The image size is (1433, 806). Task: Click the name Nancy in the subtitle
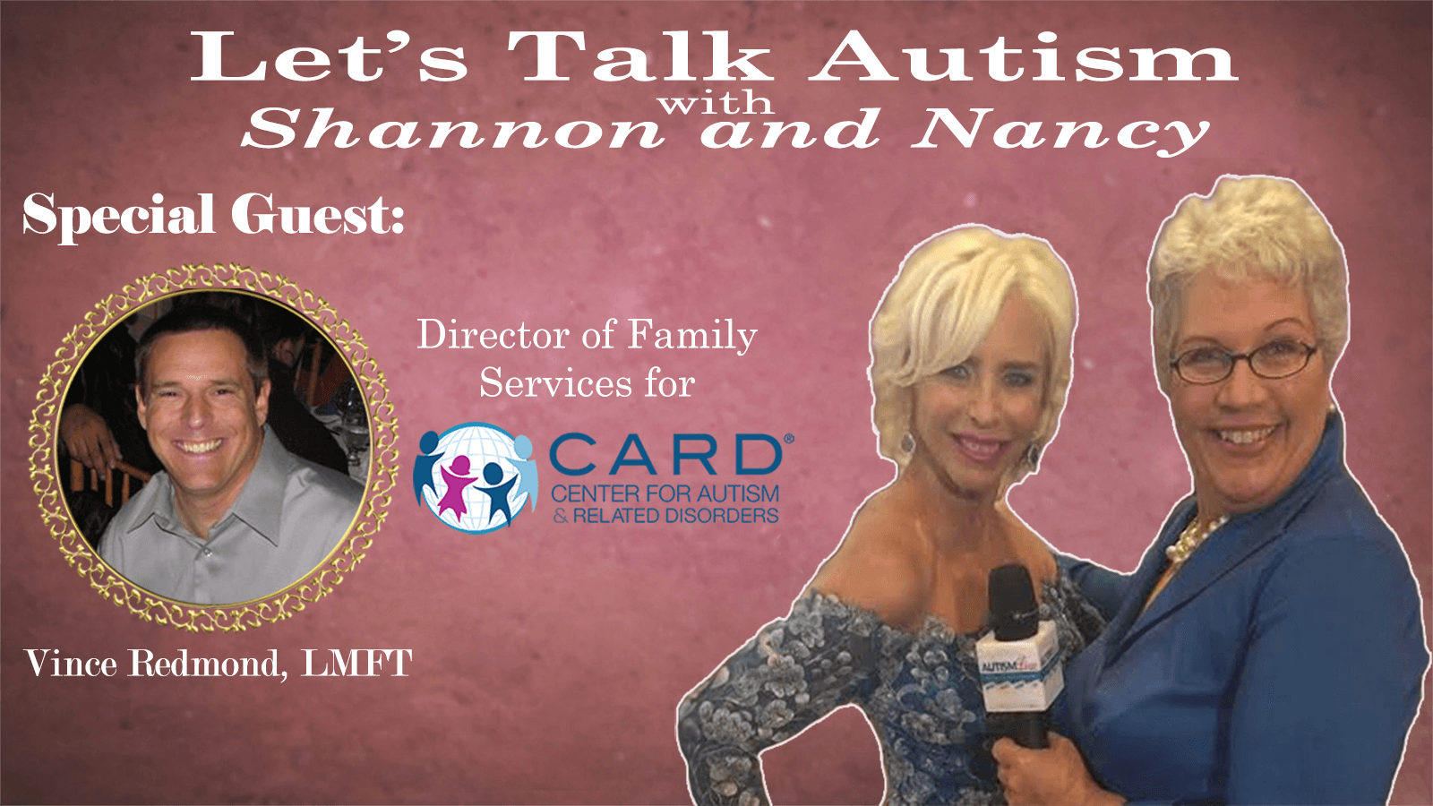coord(1060,133)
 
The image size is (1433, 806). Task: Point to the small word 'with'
coord(716,102)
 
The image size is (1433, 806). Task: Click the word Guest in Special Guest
coord(317,214)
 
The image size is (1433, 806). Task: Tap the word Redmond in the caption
coord(204,664)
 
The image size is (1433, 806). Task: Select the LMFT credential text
coord(356,663)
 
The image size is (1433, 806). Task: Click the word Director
coord(493,335)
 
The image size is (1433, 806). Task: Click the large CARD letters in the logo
coord(666,455)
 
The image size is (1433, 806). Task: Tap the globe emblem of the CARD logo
coord(475,476)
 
